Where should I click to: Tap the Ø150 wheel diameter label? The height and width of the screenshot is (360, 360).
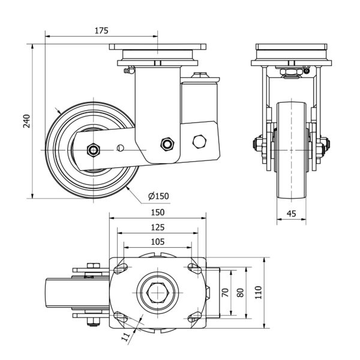click(x=157, y=196)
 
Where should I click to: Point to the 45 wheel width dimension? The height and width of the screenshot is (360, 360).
click(x=292, y=212)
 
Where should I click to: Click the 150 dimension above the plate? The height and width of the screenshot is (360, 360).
click(x=157, y=212)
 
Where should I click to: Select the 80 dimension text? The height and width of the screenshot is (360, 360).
click(x=241, y=293)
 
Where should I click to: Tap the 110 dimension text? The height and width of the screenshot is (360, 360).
click(x=260, y=293)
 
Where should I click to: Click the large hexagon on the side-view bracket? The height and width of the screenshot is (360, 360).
click(x=200, y=142)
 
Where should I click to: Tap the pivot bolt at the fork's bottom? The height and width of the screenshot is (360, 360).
click(x=167, y=144)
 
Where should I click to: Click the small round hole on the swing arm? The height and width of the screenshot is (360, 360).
click(x=121, y=148)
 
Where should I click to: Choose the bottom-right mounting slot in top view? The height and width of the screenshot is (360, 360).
click(x=193, y=319)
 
